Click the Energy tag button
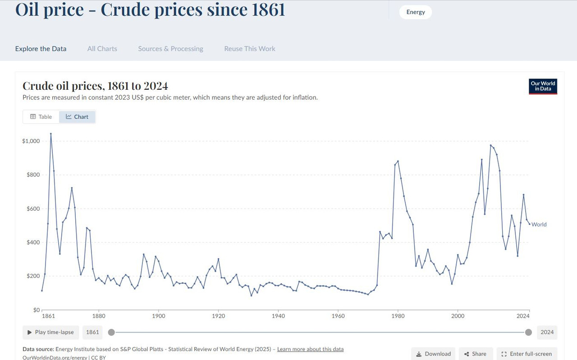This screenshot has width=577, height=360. coord(415,12)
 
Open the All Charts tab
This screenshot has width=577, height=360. coord(102,49)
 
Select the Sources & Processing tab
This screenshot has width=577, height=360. coord(170,49)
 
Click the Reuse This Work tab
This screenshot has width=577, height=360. coord(250,49)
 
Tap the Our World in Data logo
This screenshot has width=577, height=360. coord(543,86)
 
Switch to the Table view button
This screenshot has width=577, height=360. coord(41,117)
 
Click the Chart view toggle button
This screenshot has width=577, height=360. coord(77,117)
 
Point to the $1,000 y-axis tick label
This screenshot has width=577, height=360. coord(31,141)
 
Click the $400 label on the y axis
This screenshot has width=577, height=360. coord(33,243)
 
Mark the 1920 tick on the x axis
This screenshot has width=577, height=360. coord(218,316)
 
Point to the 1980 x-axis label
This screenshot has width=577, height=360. coord(398,316)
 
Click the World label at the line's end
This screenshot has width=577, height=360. coord(539,225)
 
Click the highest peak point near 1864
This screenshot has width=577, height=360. coord(50,134)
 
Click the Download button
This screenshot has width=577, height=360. coord(433,354)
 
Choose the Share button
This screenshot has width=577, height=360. coord(475,354)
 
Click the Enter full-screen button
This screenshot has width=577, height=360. coord(527,354)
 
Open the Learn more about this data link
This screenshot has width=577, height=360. coord(310,349)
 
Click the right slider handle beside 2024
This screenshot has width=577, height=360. coord(528,332)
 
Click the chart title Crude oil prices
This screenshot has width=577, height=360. coord(95,86)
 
